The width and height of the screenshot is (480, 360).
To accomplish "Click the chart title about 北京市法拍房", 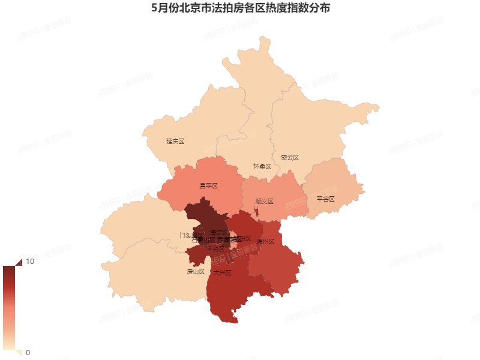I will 240,9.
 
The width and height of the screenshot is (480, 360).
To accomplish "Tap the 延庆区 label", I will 175,142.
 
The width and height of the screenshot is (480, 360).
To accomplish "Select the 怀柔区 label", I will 262,166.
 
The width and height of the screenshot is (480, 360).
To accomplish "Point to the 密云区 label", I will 289,158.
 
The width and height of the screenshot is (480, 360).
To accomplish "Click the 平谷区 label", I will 325,199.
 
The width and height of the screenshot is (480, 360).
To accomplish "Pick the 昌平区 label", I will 208,186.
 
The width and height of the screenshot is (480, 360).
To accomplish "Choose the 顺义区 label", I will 264,202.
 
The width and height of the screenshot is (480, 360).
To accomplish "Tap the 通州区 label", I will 265,242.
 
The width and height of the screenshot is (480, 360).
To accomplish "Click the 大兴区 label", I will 222,272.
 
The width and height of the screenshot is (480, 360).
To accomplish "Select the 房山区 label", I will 196,272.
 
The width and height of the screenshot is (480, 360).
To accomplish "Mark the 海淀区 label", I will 220,232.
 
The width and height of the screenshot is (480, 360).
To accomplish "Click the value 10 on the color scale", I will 29,262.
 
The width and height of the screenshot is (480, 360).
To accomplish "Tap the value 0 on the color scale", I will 28,352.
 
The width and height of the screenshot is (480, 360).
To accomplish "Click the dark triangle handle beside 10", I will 18,262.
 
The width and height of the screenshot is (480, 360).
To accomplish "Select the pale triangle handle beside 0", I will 18,353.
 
